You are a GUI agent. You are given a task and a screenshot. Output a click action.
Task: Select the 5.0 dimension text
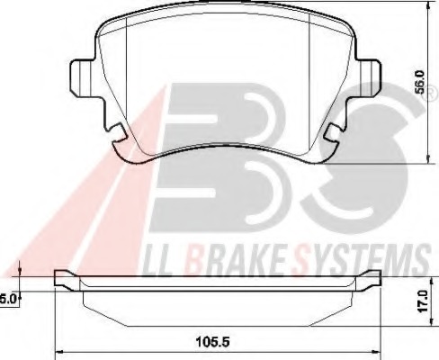tap(7, 297)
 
